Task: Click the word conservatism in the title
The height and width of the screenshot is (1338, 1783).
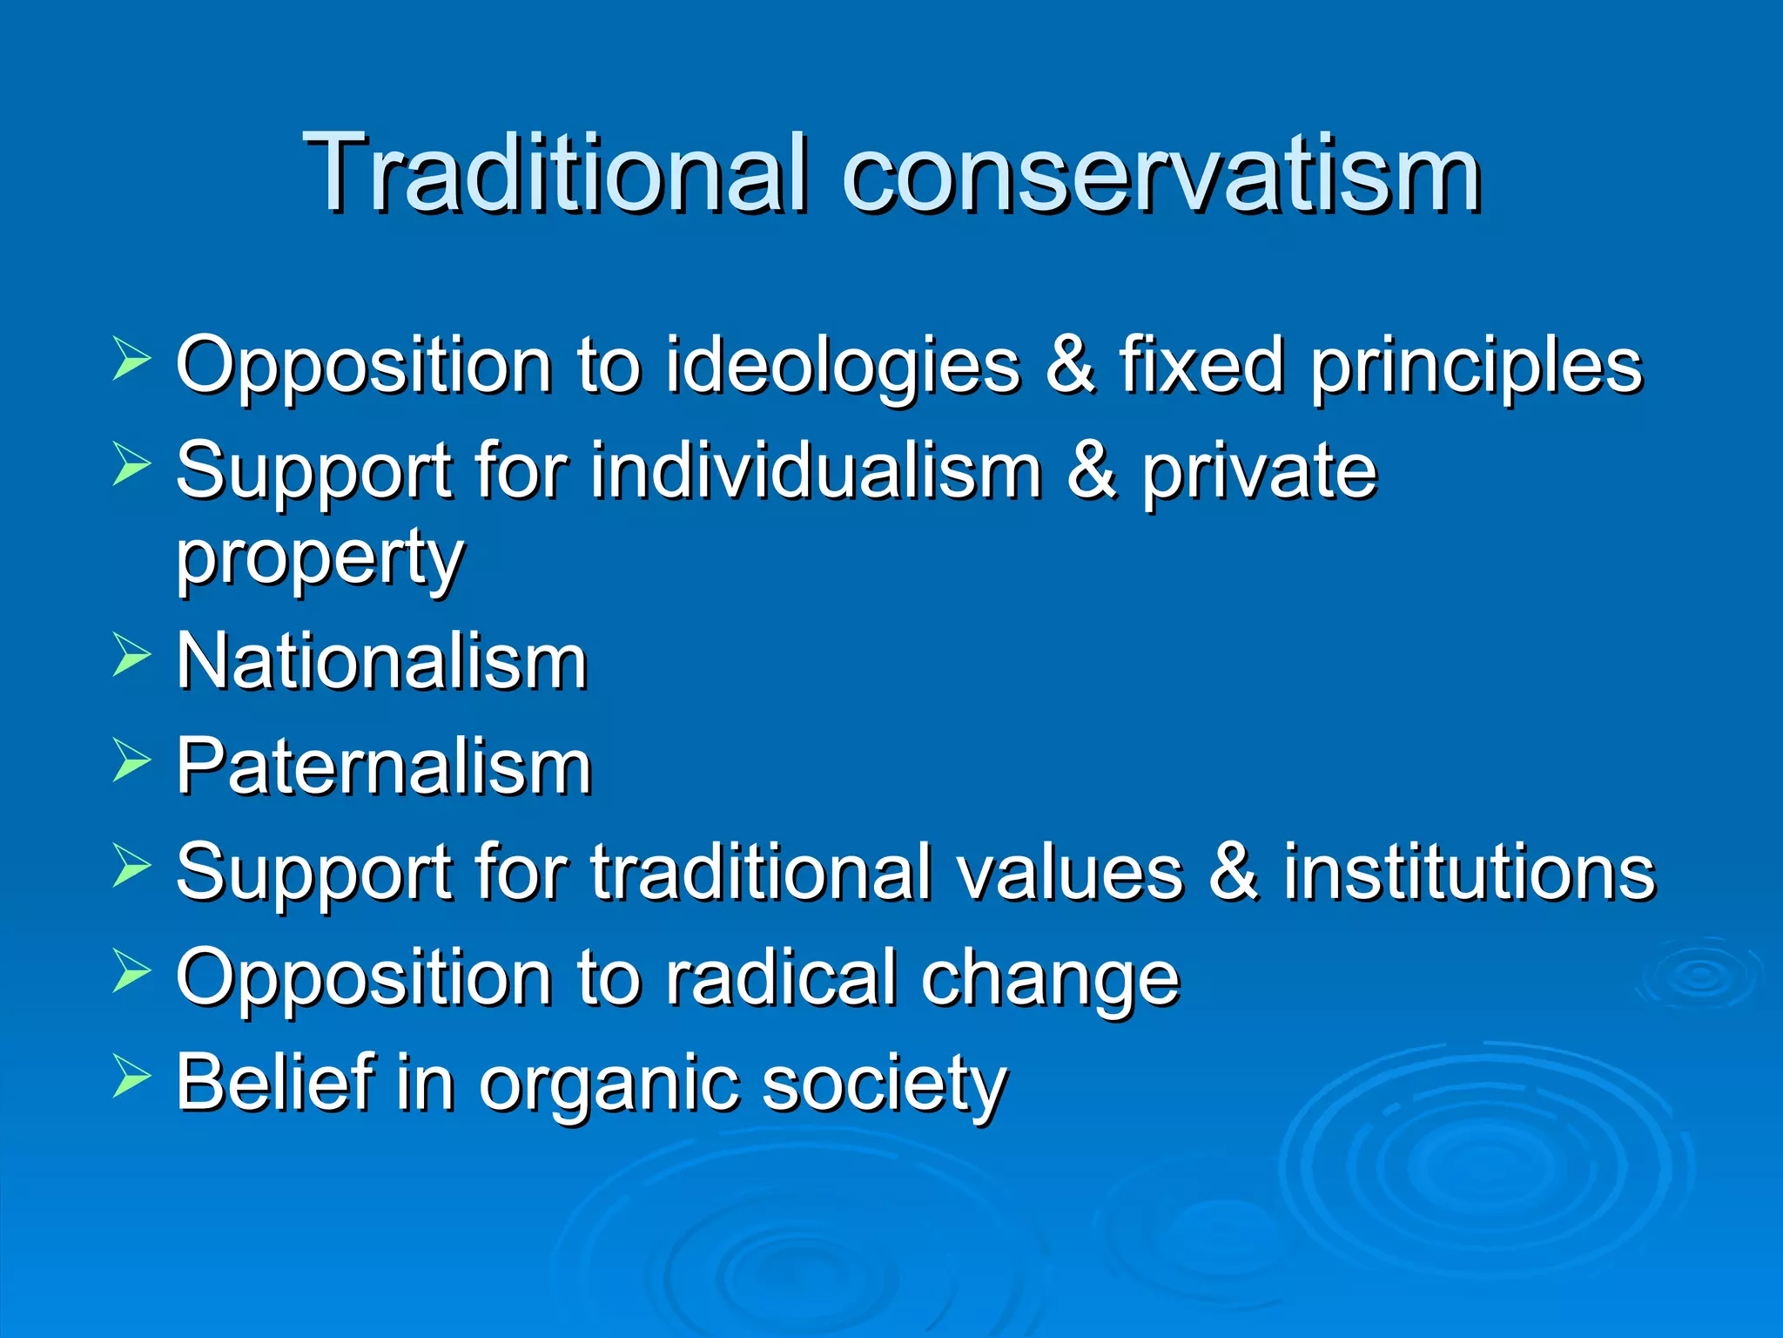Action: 1161,174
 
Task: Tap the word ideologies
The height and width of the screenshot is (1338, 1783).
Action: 842,366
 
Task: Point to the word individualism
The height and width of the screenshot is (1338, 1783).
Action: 816,471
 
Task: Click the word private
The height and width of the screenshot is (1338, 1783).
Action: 1259,473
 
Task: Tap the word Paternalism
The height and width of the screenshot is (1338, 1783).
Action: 384,767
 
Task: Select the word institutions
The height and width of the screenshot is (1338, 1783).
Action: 1469,872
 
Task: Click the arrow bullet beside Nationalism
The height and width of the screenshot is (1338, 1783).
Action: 131,655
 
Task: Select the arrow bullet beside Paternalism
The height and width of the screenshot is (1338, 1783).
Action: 131,760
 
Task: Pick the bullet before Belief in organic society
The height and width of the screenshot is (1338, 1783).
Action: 131,1077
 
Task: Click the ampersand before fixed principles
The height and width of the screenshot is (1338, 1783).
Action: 1070,366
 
